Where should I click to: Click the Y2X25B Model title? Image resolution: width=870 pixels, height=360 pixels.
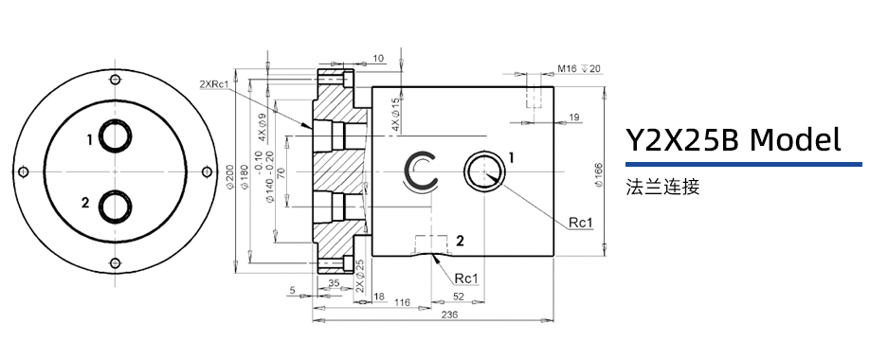point(734,140)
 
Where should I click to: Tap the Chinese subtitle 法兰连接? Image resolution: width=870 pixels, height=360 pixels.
point(662,187)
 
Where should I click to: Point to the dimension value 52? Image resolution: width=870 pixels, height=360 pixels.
point(459,297)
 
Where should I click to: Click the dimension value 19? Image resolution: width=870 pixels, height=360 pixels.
point(574,117)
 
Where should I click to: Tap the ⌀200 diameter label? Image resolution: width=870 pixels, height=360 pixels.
point(229,177)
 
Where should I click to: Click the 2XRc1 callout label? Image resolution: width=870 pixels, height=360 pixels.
point(214,84)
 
